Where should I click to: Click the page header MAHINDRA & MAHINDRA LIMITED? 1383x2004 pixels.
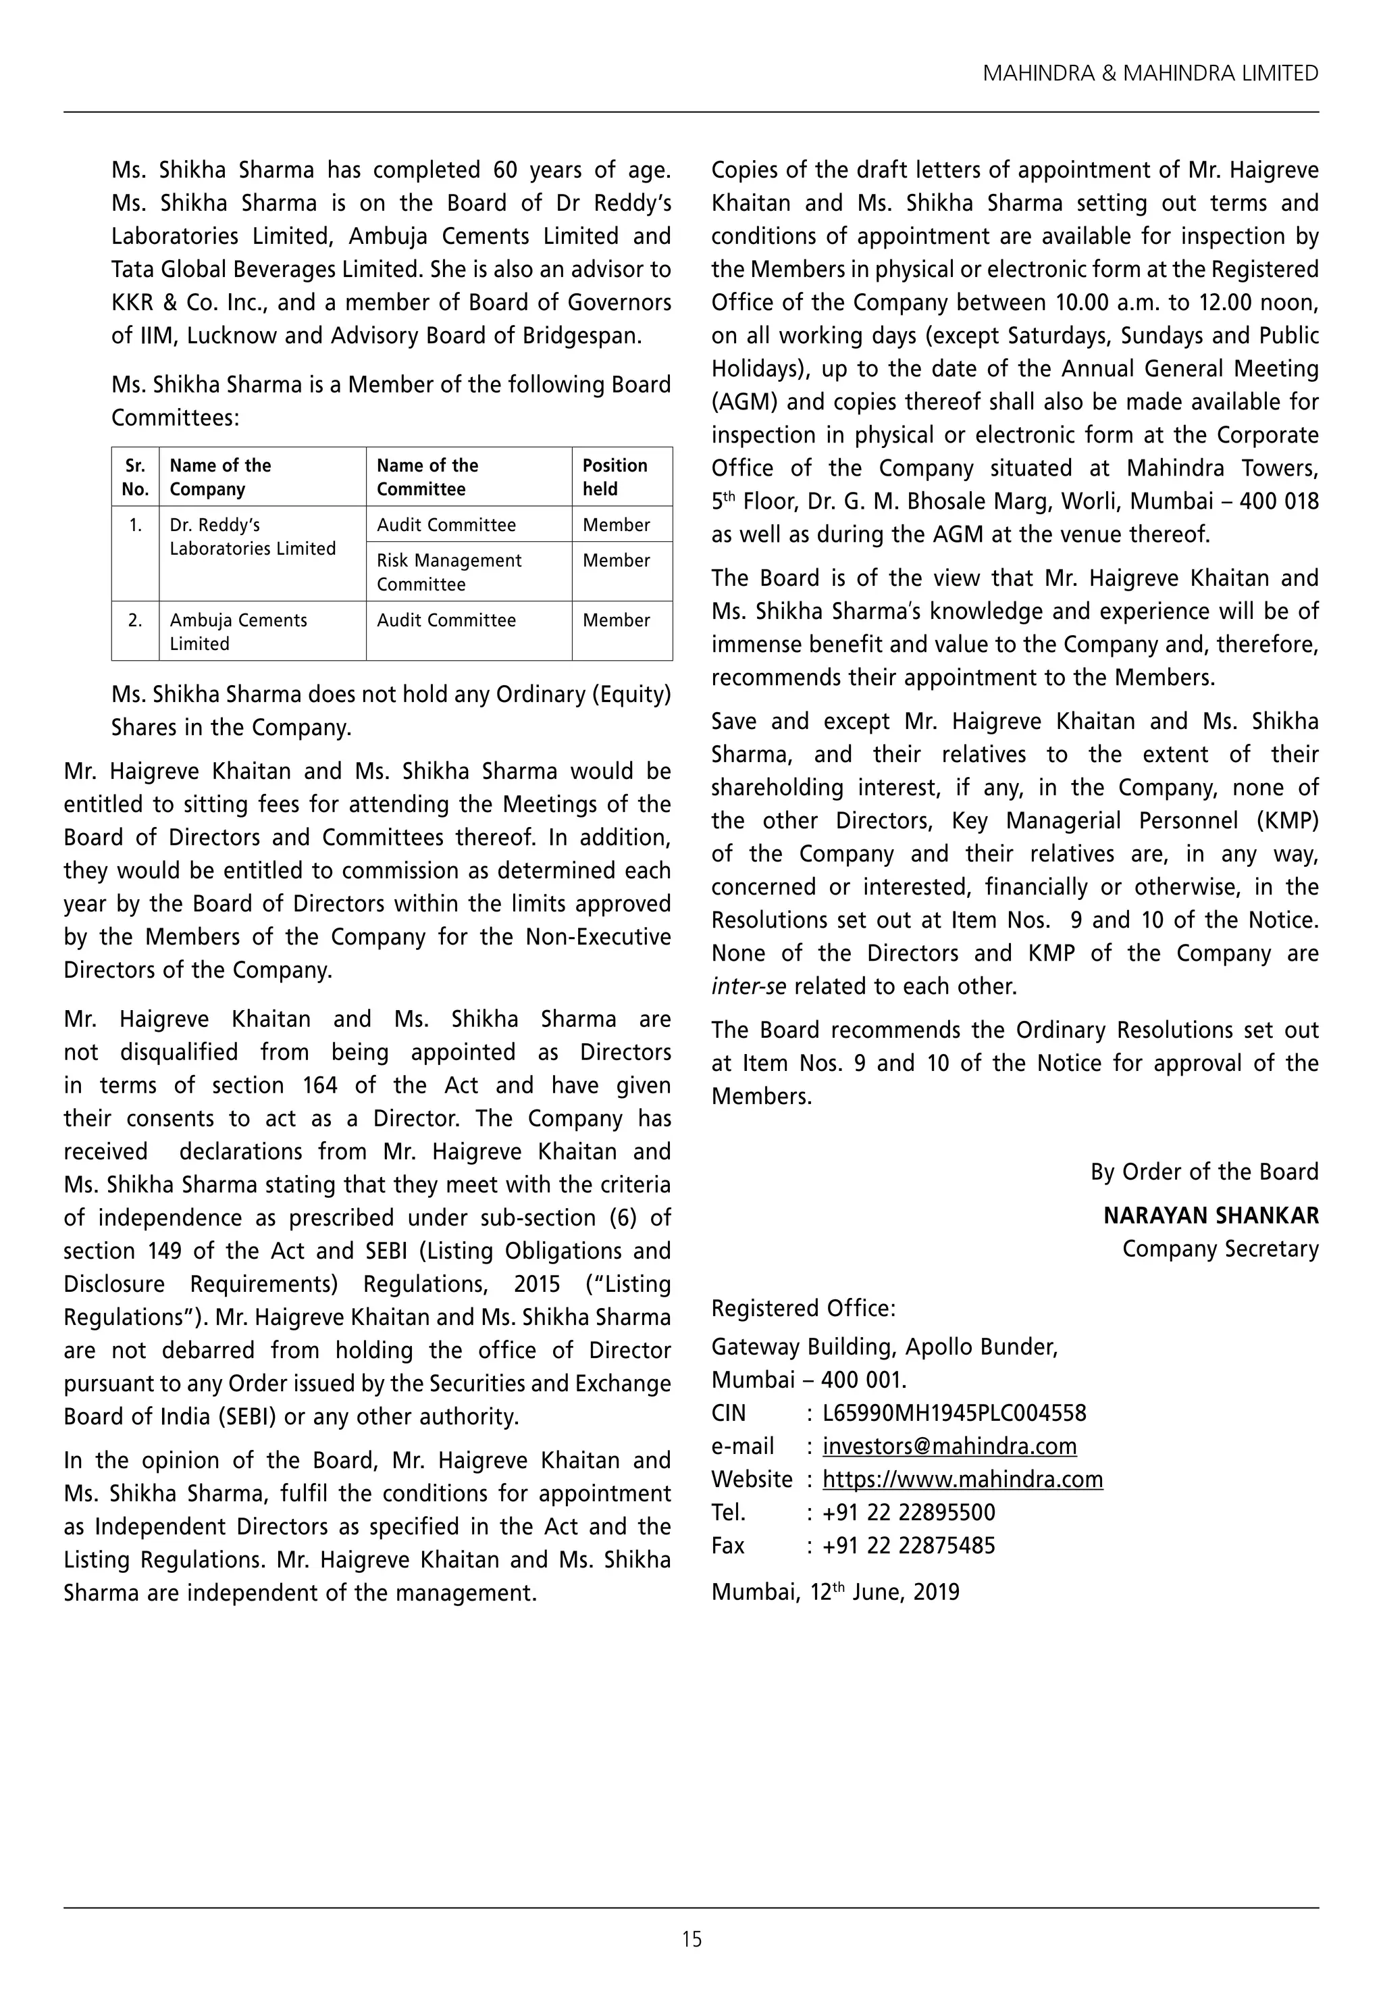1150,74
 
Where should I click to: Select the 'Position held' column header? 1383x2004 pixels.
615,477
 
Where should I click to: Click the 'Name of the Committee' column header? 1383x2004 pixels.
428,477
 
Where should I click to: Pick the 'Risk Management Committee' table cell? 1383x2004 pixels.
449,572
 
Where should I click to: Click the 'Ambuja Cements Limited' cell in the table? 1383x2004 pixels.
238,631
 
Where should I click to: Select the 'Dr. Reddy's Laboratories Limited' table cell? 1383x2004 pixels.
252,536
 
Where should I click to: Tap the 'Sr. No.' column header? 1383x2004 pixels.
135,477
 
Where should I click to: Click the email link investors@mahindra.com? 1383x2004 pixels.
949,1446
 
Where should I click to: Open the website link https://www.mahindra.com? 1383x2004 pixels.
962,1479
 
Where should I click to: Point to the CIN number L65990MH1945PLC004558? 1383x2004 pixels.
954,1413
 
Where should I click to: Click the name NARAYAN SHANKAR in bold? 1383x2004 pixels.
1211,1216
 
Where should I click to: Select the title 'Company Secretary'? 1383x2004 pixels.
1220,1249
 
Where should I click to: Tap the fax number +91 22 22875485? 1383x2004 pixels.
908,1545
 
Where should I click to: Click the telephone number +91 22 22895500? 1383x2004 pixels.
908,1513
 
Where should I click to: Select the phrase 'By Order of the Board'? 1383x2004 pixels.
1203,1172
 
